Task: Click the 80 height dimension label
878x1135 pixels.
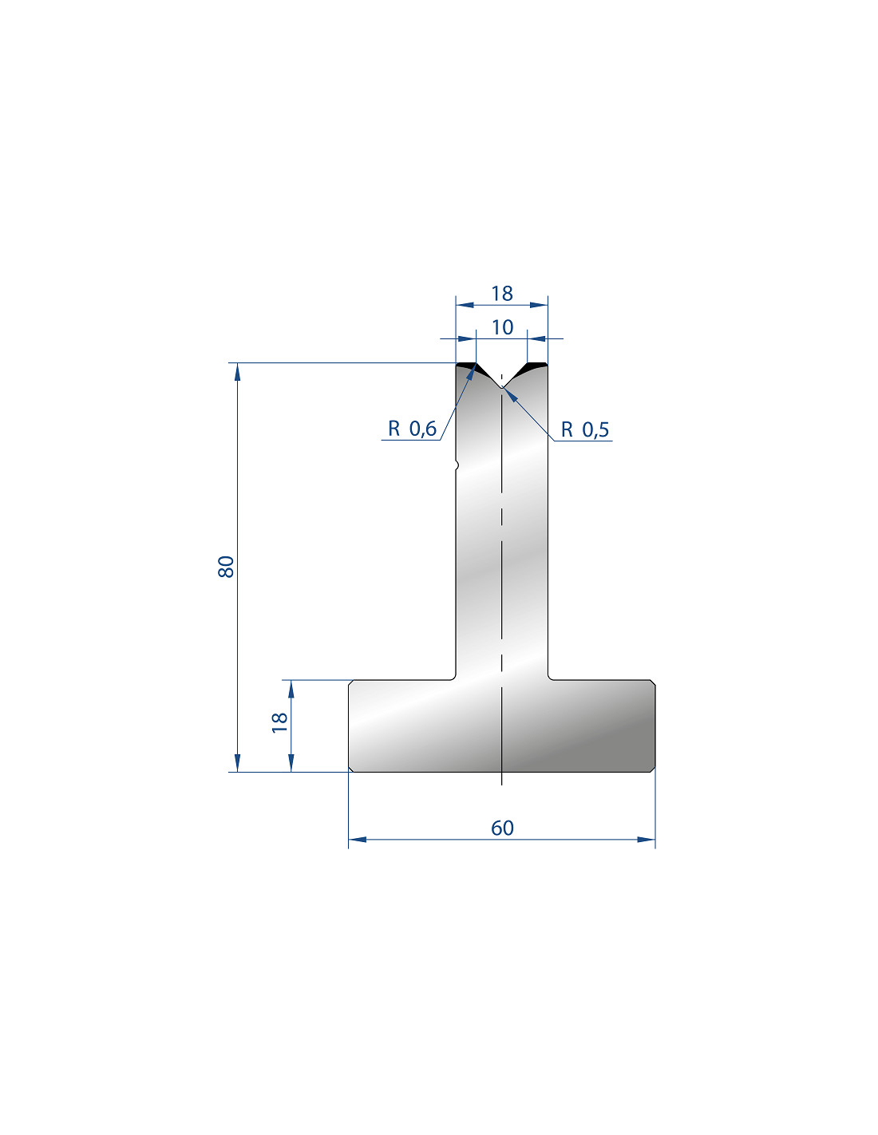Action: coord(226,567)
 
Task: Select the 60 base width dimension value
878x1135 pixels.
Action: coord(502,828)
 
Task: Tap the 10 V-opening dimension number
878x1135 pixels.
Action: coord(503,327)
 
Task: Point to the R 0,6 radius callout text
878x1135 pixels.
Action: coord(412,429)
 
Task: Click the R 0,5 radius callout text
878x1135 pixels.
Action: coord(584,430)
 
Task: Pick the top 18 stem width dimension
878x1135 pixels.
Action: coord(502,294)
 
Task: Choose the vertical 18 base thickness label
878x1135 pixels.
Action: coord(280,722)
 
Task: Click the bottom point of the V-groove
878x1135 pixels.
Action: coord(502,387)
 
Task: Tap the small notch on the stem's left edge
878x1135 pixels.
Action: coord(457,465)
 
